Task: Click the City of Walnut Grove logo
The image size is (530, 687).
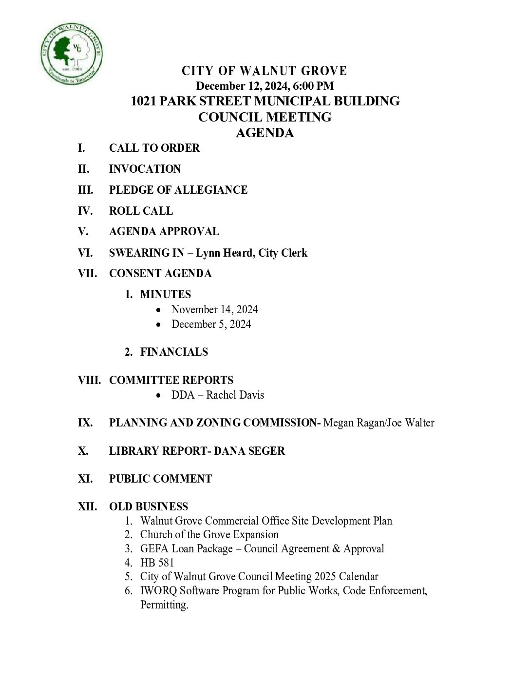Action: [71, 53]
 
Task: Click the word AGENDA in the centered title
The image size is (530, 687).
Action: [265, 133]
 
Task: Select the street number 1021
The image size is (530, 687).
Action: [143, 101]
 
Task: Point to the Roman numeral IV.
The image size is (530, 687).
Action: [85, 211]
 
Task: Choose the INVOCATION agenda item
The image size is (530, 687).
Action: [145, 169]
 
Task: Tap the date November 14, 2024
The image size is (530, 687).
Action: [214, 309]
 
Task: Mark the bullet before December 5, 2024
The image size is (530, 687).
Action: [158, 324]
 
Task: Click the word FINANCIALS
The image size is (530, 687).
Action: [174, 352]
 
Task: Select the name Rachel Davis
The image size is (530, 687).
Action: [235, 395]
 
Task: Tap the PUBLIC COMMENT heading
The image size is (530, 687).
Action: [160, 479]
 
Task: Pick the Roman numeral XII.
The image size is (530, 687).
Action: [87, 506]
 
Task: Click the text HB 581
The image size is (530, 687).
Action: [157, 563]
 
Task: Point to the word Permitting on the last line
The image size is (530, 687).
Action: [164, 605]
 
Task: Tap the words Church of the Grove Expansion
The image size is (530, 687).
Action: [209, 534]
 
